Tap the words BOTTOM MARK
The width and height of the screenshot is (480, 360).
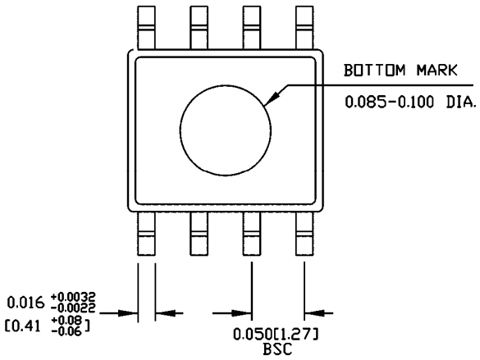coord(393,72)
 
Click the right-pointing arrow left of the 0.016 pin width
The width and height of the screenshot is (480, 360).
coord(127,312)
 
